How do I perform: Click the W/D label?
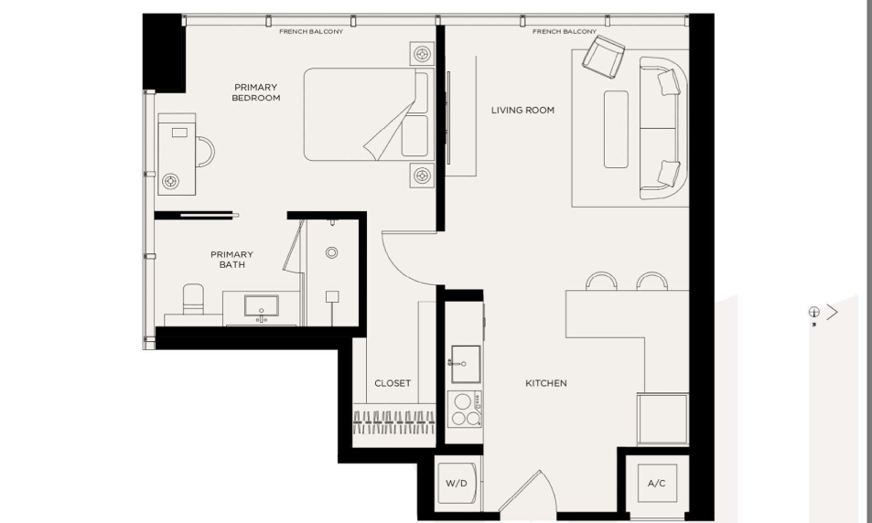(x=456, y=484)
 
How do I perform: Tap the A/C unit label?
(x=657, y=484)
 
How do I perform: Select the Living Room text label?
(x=522, y=110)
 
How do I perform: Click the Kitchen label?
(x=546, y=383)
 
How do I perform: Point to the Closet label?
(x=393, y=383)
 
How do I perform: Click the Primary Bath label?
(x=231, y=260)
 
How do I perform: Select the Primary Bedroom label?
(x=256, y=92)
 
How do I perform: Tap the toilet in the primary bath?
(x=193, y=300)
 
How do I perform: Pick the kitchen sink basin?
(x=466, y=364)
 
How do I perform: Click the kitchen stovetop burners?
(x=464, y=410)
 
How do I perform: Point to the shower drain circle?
(x=331, y=253)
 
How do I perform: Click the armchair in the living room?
(x=603, y=56)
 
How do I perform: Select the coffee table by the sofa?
(x=616, y=129)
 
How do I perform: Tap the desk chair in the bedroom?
(x=205, y=152)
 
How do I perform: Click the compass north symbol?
(x=813, y=312)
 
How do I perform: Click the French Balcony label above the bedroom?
(x=311, y=32)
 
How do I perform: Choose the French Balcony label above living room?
(x=565, y=32)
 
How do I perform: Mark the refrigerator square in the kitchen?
(x=662, y=420)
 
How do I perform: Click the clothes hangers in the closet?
(x=394, y=422)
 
